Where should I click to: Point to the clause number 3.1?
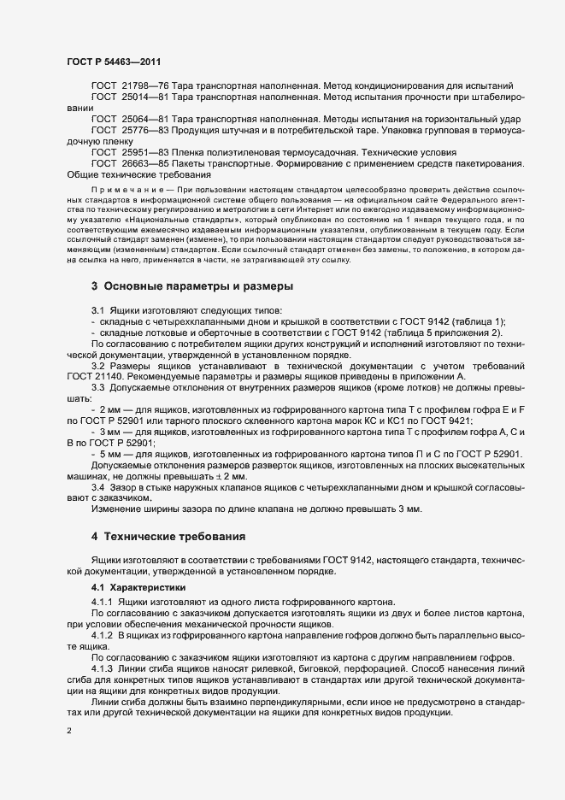(97, 309)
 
